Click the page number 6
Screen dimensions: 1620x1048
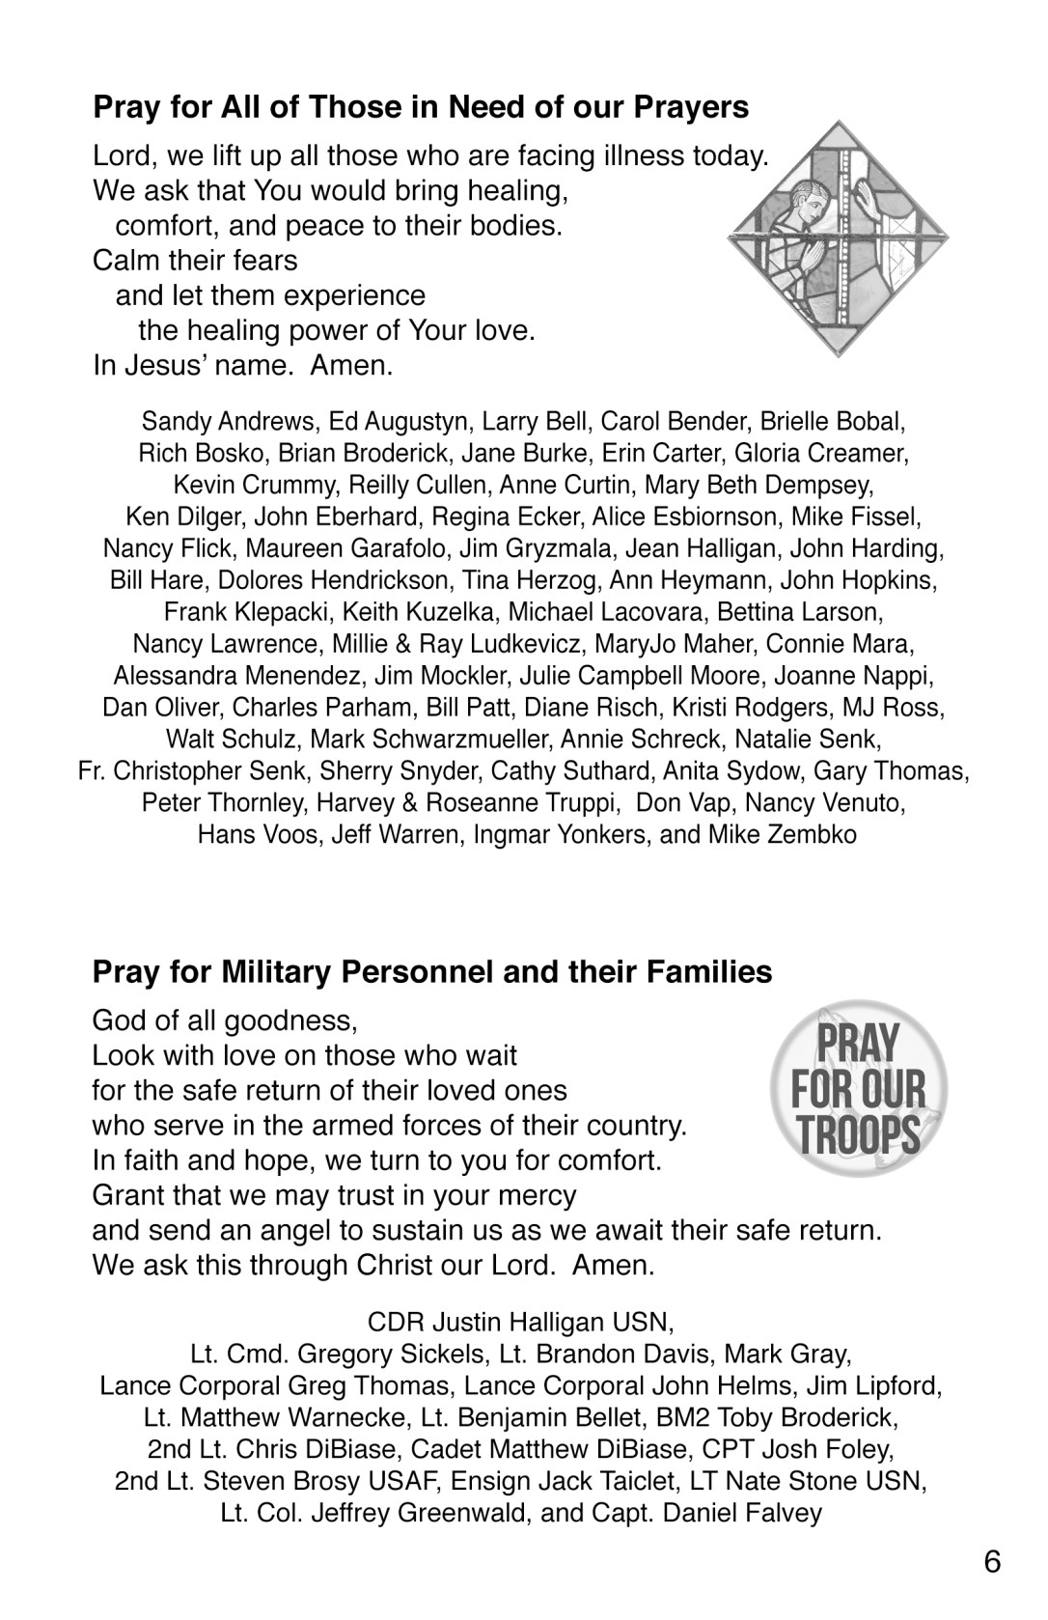tap(993, 1562)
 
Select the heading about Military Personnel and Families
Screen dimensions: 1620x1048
tap(431, 971)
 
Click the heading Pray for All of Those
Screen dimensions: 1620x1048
tap(421, 106)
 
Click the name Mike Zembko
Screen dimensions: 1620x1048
tap(783, 834)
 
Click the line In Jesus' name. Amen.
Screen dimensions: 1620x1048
tap(243, 366)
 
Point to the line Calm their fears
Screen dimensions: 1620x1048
tap(195, 261)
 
